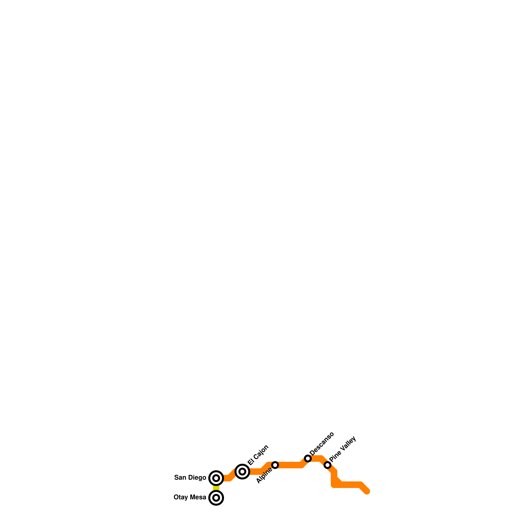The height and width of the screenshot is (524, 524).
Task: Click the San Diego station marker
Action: [216, 478]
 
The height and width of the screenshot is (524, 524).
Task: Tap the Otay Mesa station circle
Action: [216, 498]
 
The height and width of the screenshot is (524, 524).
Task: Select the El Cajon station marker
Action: [242, 472]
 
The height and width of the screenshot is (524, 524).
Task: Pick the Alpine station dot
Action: [275, 465]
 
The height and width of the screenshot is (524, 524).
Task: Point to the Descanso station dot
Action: [308, 458]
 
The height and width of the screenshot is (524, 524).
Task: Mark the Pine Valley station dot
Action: [327, 465]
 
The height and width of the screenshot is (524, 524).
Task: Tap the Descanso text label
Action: [322, 443]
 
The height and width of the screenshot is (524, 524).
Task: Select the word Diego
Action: [197, 477]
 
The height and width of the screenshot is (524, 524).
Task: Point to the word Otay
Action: [181, 497]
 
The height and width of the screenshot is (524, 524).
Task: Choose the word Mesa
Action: [198, 497]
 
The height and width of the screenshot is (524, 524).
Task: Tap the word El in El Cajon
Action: [251, 461]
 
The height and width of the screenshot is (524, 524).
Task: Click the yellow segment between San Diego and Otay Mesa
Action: [216, 488]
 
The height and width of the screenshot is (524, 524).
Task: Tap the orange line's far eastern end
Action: [367, 491]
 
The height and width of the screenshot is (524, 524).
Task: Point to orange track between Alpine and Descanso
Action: [290, 465]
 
